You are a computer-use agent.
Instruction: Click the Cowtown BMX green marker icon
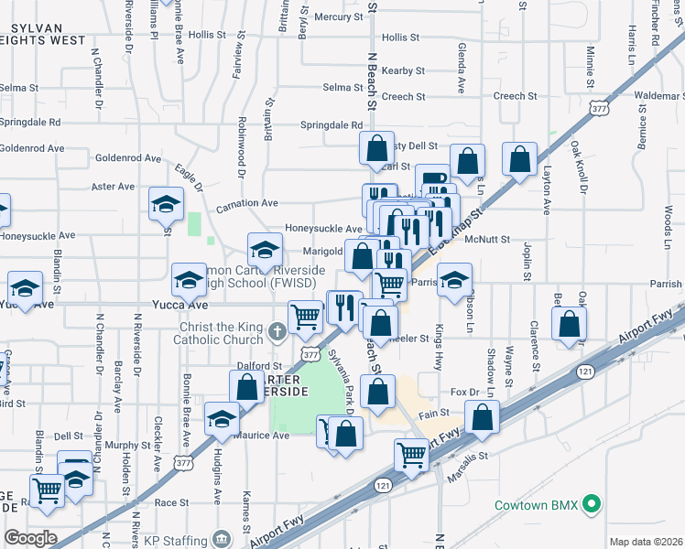pyautogui.click(x=592, y=504)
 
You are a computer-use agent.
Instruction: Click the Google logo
pyautogui.click(x=29, y=538)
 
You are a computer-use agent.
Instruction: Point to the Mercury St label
pyautogui.click(x=338, y=17)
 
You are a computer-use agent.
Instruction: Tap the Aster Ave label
pyautogui.click(x=114, y=186)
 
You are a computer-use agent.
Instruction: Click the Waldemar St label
pyautogui.click(x=658, y=95)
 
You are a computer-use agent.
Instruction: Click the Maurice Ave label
pyautogui.click(x=263, y=436)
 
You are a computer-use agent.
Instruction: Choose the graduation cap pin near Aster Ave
pyautogui.click(x=167, y=203)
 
